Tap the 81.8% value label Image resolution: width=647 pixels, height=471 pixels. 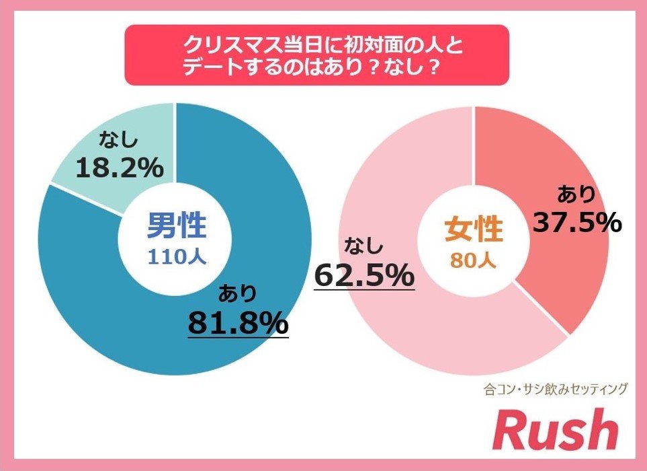coord(238,324)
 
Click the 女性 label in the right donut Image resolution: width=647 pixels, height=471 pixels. coord(474,230)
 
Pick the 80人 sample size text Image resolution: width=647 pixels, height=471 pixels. coord(474,259)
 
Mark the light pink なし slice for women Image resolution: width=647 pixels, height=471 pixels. coord(403,323)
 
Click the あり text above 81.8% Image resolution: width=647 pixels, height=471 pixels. coord(237,293)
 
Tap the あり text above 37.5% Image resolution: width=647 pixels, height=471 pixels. coord(576,194)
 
